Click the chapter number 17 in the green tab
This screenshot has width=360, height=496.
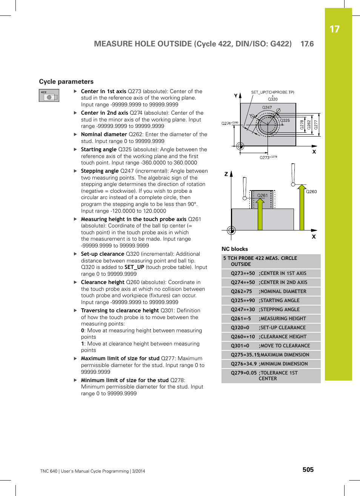334,29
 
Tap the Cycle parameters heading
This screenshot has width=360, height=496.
66,81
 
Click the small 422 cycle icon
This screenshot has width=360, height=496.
49,95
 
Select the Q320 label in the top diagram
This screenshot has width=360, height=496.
272,99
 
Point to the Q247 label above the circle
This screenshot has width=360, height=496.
267,107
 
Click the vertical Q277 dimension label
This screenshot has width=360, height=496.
316,124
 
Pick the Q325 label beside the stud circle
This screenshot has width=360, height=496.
285,120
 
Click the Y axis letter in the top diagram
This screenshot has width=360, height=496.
236,96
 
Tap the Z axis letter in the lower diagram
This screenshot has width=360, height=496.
226,174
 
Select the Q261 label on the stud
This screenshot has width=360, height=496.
262,195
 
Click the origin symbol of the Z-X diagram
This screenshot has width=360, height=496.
231,230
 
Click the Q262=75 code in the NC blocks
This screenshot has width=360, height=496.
241,292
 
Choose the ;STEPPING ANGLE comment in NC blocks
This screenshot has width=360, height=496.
280,310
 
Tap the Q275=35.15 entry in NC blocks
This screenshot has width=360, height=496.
245,355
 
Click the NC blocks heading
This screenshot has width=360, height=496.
234,249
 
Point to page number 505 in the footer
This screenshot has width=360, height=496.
308,470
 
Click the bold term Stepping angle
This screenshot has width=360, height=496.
100,171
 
